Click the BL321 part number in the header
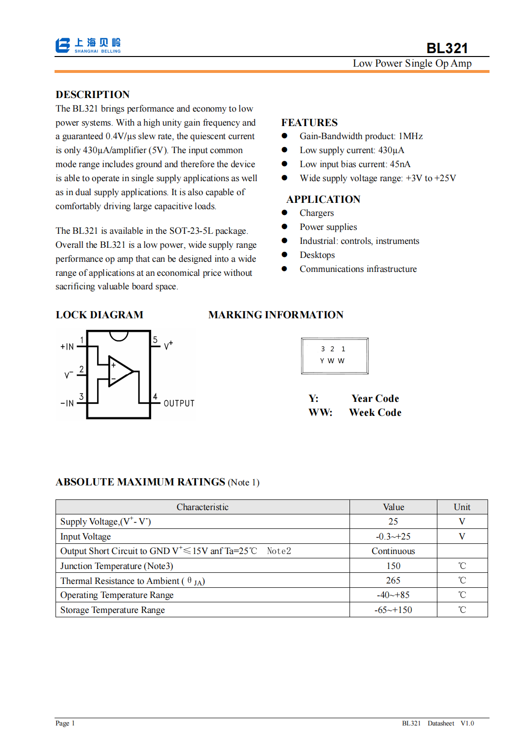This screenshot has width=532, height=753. (x=447, y=48)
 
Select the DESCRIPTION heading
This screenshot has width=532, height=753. (x=93, y=95)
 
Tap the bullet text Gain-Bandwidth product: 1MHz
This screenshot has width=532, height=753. (x=361, y=136)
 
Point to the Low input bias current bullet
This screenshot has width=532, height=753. (x=355, y=164)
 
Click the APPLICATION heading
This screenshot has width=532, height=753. (x=323, y=199)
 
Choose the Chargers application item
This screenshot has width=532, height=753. (x=316, y=213)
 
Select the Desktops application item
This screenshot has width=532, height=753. (x=317, y=255)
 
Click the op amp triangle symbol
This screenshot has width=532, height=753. (x=120, y=371)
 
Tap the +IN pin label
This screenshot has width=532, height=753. (x=67, y=347)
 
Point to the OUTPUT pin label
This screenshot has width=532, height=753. (x=179, y=403)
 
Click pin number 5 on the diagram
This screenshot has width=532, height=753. (x=155, y=340)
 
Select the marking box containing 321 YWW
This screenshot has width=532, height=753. (x=335, y=356)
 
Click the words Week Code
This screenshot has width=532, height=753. (x=375, y=412)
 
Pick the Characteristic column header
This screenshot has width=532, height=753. (x=202, y=507)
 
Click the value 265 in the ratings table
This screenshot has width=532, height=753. (x=393, y=581)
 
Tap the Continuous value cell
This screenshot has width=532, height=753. (x=393, y=551)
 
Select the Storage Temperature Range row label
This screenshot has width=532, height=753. (x=112, y=610)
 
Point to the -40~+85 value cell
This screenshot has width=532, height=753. (x=393, y=595)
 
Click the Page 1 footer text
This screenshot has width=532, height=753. (x=65, y=723)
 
